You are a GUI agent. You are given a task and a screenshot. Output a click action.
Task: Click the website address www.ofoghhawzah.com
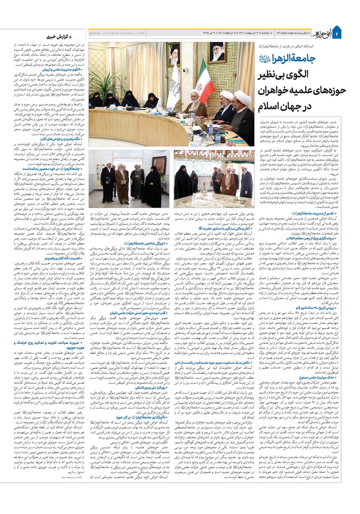tap(112, 33)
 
